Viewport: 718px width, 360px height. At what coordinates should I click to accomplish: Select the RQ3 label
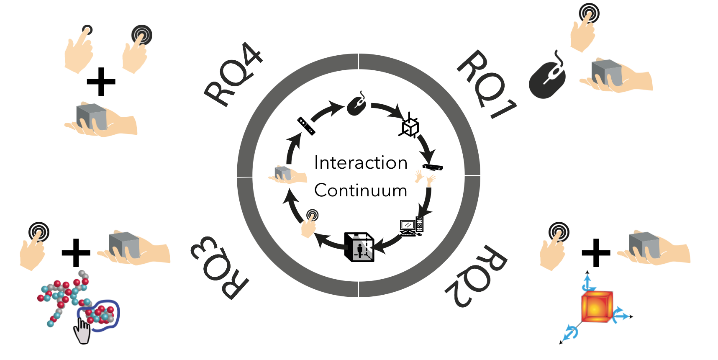(x=220, y=268)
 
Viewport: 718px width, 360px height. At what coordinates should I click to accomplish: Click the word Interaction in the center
(x=361, y=162)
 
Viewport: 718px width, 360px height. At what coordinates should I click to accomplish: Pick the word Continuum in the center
(x=361, y=190)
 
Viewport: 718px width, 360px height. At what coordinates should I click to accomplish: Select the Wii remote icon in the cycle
(x=306, y=126)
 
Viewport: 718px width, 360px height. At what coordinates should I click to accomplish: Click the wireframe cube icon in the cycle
(x=410, y=126)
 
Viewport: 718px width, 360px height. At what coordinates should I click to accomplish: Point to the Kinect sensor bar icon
(x=433, y=167)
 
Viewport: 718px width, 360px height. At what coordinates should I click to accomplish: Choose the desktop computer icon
(x=412, y=226)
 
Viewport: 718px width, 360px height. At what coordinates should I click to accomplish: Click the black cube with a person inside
(x=359, y=247)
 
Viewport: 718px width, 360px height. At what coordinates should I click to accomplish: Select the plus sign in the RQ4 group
(x=101, y=82)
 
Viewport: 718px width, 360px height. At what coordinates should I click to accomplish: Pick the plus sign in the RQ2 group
(x=596, y=253)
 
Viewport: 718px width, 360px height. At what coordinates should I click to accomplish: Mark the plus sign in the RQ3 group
(x=76, y=253)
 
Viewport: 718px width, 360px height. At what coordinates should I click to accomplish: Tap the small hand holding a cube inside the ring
(x=285, y=175)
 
